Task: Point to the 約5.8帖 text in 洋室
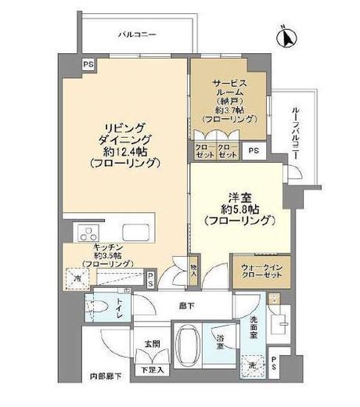(x=239, y=210)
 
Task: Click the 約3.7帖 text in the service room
(x=228, y=110)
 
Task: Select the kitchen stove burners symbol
(x=87, y=232)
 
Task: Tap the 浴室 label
(x=222, y=342)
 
